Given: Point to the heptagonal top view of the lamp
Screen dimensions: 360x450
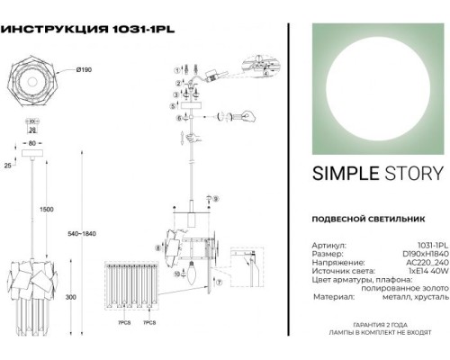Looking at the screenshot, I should tap(31, 78).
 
